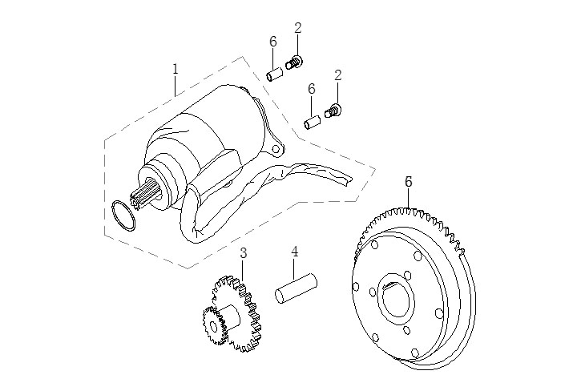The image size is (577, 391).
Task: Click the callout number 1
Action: tap(176, 70)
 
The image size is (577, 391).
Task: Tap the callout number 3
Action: tap(244, 252)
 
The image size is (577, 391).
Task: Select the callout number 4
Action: tap(295, 252)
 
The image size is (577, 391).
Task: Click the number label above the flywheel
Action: tap(409, 182)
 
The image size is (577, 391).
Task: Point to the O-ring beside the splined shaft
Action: tap(121, 216)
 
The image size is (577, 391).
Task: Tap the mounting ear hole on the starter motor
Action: tap(276, 149)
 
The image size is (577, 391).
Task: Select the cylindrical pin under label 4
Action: tap(297, 289)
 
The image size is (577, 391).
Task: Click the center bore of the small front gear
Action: tap(214, 328)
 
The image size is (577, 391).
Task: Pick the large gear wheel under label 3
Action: tap(240, 308)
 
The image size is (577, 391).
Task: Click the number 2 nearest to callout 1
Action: tap(298, 28)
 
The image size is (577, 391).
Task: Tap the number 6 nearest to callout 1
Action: tap(273, 42)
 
